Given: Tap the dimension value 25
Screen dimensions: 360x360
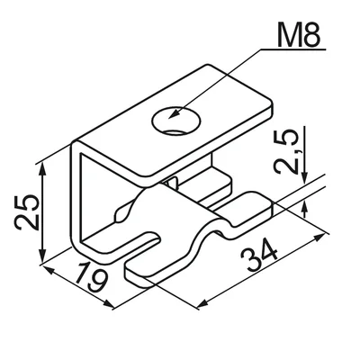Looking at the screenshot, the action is (x=27, y=211).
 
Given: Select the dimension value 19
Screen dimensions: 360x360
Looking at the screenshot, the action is (x=92, y=277).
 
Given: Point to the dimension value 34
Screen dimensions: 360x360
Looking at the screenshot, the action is (x=260, y=256).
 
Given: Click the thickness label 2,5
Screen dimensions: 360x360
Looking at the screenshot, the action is (x=286, y=152).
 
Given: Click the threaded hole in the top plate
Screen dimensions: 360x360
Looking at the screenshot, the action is (x=176, y=121).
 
